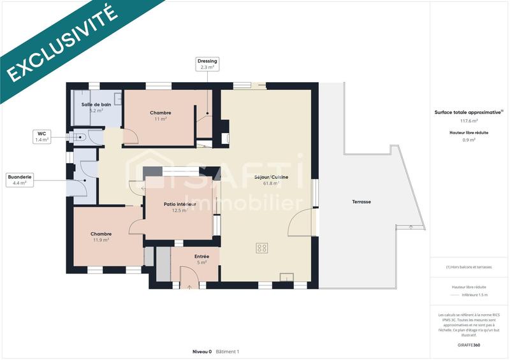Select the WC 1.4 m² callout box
[42, 136]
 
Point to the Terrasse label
[361, 201]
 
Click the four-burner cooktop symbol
[261, 248]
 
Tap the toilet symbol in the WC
[81, 136]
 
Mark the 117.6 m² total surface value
[469, 120]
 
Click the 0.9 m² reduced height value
[469, 140]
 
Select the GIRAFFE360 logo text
[469, 344]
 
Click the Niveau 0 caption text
[202, 352]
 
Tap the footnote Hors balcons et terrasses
[469, 267]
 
